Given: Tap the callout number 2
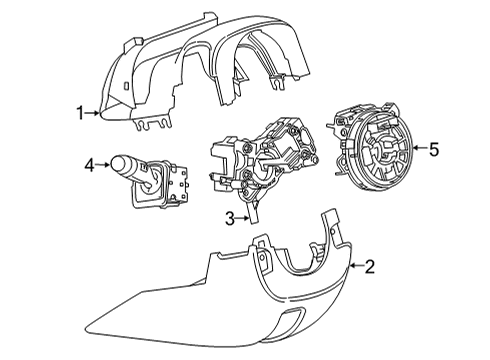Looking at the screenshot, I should point(370,266).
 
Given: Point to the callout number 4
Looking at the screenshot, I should point(88,163).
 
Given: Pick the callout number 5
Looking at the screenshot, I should point(434,151).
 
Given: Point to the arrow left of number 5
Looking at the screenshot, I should point(419,151).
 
